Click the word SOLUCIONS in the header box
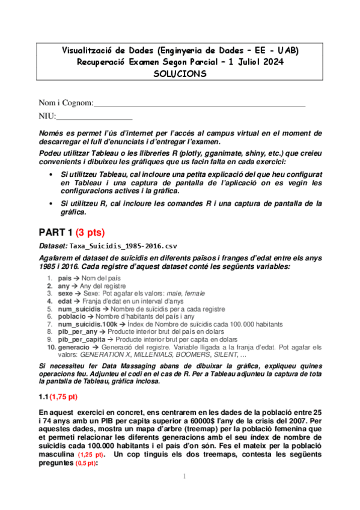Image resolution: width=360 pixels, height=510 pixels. (x=180, y=74)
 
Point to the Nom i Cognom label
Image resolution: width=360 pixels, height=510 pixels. (x=66, y=103)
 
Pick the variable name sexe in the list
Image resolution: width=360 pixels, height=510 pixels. (x=66, y=293)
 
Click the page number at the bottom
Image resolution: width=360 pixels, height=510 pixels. (x=182, y=494)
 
